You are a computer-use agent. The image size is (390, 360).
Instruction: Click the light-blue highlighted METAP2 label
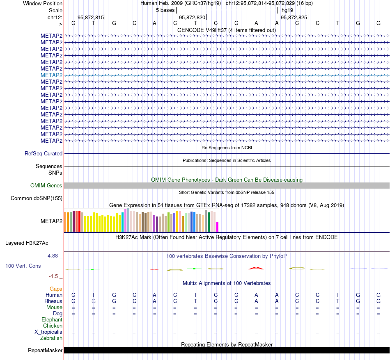pyautogui.click(x=51, y=75)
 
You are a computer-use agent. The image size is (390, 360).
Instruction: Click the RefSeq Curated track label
pyautogui.click(x=44, y=153)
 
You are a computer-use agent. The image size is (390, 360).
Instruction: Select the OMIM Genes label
pyautogui.click(x=46, y=185)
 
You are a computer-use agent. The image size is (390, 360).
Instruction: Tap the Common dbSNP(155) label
pyautogui.click(x=37, y=198)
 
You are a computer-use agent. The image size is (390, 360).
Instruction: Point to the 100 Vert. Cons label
pyautogui.click(x=23, y=266)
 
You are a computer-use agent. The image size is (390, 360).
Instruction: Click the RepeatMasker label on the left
pyautogui.click(x=45, y=351)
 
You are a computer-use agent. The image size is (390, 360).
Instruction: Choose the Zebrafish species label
pyautogui.click(x=51, y=338)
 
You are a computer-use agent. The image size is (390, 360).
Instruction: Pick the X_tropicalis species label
pyautogui.click(x=48, y=332)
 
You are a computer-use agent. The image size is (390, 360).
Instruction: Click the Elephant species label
pyautogui.click(x=52, y=320)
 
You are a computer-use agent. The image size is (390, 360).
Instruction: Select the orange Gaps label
pyautogui.click(x=56, y=289)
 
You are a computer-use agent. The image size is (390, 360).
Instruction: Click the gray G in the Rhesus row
pyautogui.click(x=94, y=301)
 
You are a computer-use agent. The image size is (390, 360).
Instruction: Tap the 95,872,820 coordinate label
pyautogui.click(x=192, y=17)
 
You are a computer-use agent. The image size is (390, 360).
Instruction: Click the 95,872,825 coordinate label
pyautogui.click(x=294, y=17)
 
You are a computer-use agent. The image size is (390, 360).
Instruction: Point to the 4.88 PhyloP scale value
pyautogui.click(x=55, y=256)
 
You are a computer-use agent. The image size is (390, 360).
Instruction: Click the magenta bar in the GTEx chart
pyautogui.click(x=218, y=227)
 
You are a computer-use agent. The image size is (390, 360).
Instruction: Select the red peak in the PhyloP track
pyautogui.click(x=256, y=268)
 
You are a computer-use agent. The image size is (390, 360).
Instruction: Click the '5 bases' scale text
pyautogui.click(x=165, y=10)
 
